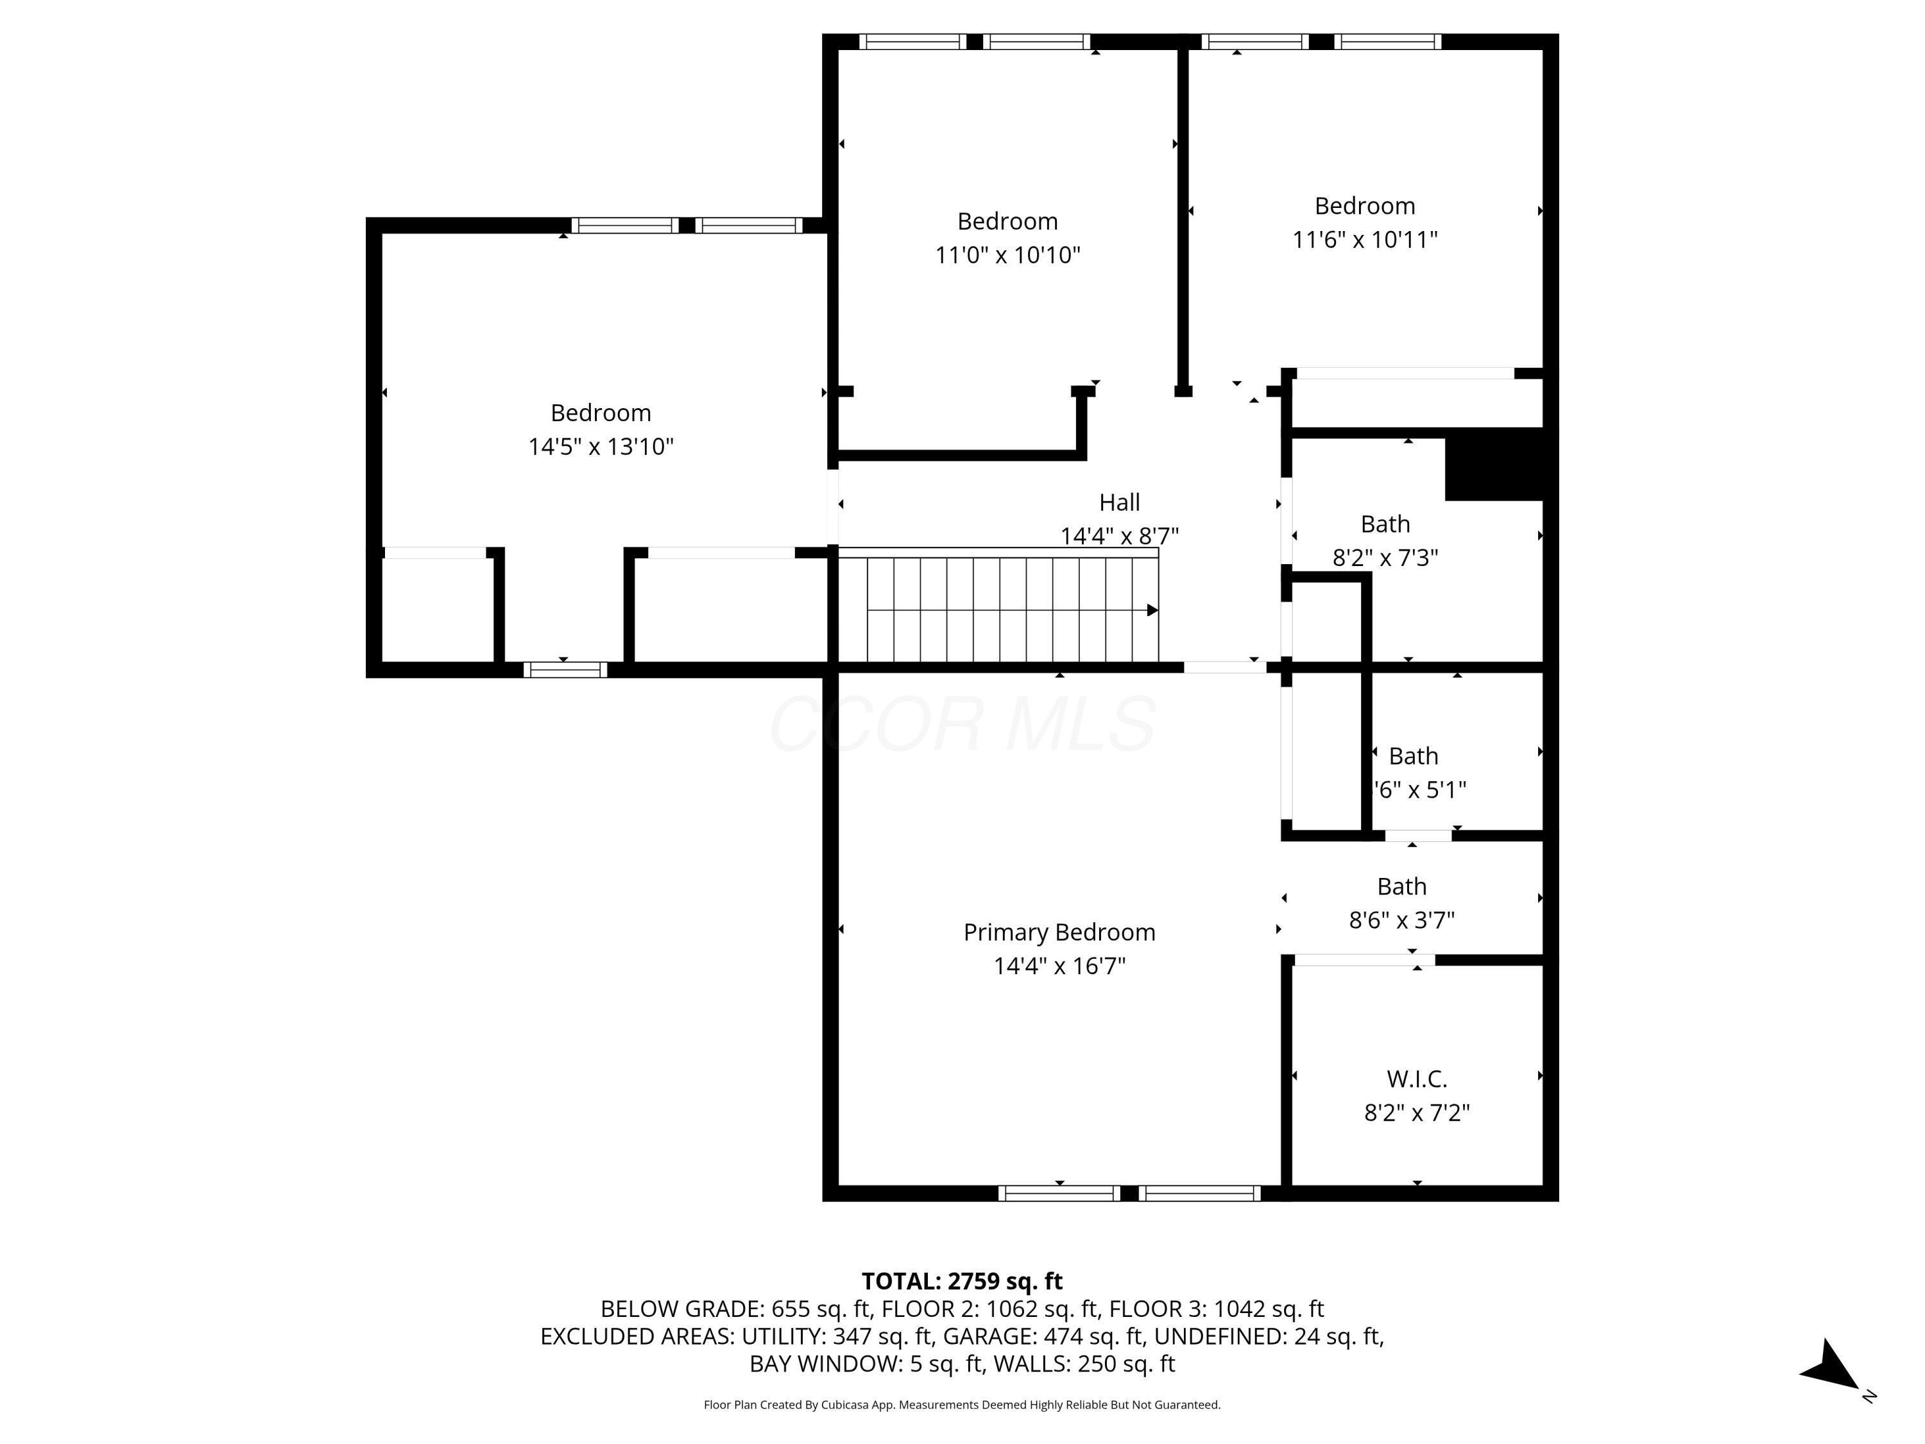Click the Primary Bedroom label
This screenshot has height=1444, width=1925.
pyautogui.click(x=1059, y=933)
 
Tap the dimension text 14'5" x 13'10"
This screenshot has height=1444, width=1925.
pyautogui.click(x=601, y=447)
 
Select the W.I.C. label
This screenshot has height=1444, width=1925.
pyautogui.click(x=1417, y=1079)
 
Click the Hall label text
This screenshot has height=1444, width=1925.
pyautogui.click(x=1119, y=503)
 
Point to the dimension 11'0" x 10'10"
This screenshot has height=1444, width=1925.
pyautogui.click(x=1007, y=255)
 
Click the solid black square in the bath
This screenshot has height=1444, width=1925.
pyautogui.click(x=1493, y=464)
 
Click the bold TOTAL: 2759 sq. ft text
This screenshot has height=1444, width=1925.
pyautogui.click(x=962, y=1281)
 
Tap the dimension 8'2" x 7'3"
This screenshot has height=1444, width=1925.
pyautogui.click(x=1385, y=558)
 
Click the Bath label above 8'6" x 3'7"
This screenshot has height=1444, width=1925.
pyautogui.click(x=1401, y=886)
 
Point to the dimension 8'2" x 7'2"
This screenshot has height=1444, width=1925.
pyautogui.click(x=1417, y=1112)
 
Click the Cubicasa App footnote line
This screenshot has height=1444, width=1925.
pyautogui.click(x=962, y=1405)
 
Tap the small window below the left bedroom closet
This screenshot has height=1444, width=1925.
pyautogui.click(x=565, y=669)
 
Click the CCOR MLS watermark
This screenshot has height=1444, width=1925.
pyautogui.click(x=962, y=724)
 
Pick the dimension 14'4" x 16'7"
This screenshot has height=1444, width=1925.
pyautogui.click(x=1059, y=965)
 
